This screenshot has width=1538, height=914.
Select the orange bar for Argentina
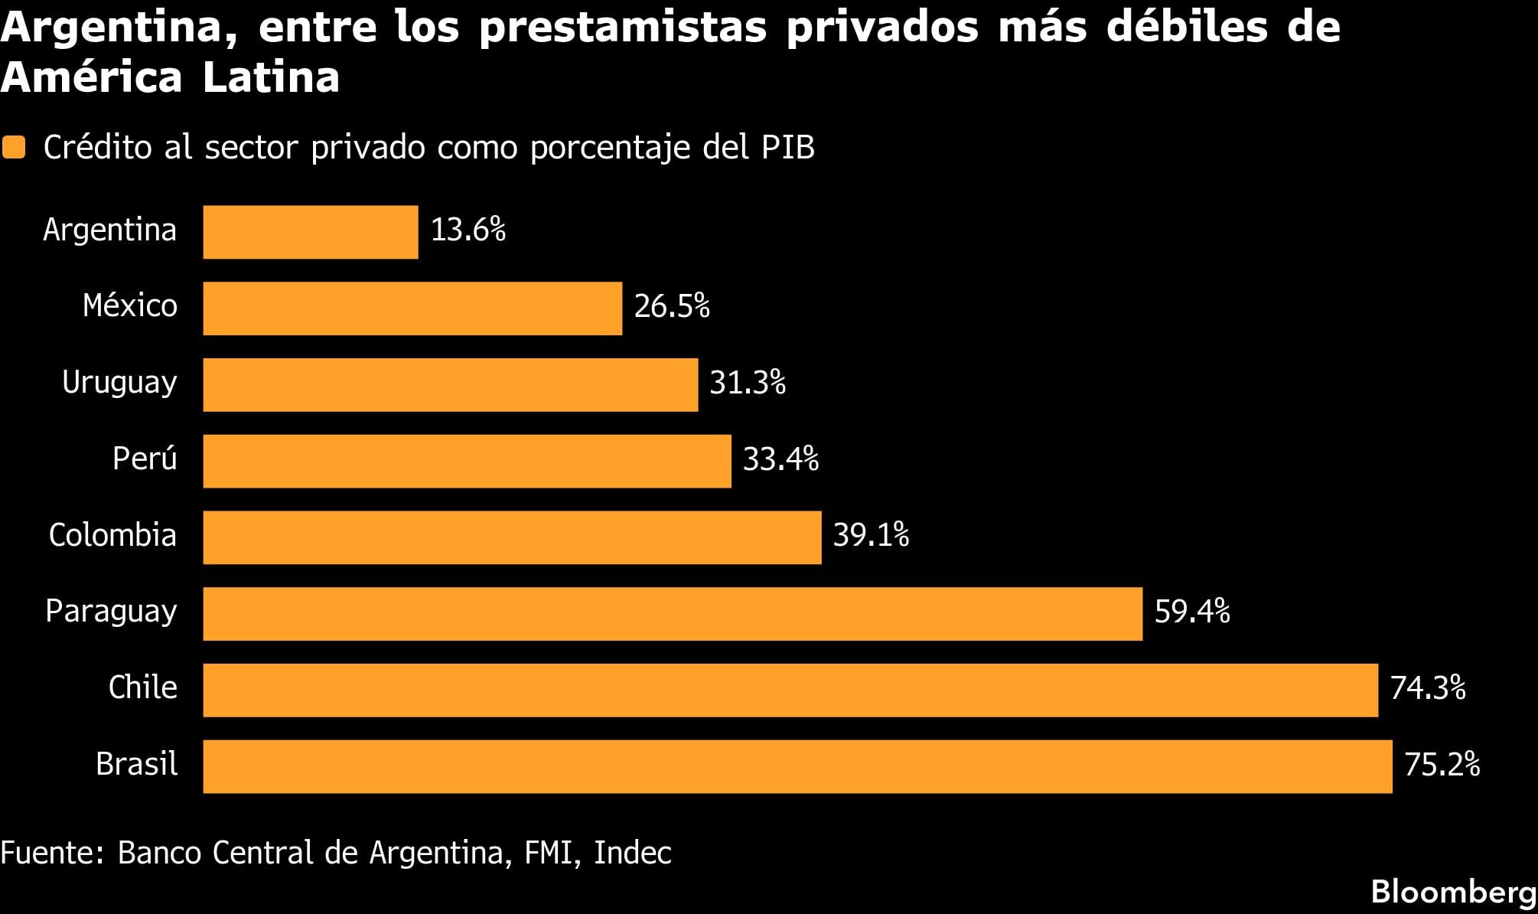tap(310, 232)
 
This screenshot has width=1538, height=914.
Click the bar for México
tap(412, 308)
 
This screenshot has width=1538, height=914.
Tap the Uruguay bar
tap(450, 385)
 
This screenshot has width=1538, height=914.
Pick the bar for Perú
tap(467, 461)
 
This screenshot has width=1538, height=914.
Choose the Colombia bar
tap(512, 537)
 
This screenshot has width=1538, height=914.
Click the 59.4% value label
tap(1191, 612)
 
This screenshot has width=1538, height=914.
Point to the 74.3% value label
tap(1427, 688)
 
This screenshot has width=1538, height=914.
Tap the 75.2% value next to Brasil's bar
tap(1442, 765)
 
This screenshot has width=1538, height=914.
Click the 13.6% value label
tap(468, 230)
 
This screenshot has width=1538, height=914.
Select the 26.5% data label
tap(671, 307)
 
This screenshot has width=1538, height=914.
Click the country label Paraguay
tap(111, 612)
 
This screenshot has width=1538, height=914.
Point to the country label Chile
tap(142, 687)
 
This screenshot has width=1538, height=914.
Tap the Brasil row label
tap(136, 764)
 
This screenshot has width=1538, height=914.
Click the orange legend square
tap(14, 147)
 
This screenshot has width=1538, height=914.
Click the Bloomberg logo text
tap(1453, 892)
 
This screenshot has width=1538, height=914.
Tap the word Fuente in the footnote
tap(52, 853)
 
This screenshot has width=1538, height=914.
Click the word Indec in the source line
tap(632, 853)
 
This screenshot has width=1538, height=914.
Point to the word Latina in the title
tap(271, 77)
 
